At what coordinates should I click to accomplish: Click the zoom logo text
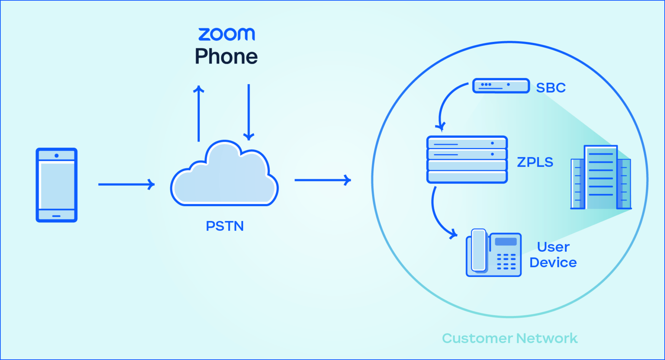click(227, 34)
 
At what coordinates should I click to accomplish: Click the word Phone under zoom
click(226, 56)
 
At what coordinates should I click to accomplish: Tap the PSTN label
click(225, 226)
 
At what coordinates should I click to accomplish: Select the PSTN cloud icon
click(224, 177)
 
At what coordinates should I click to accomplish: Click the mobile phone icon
click(56, 185)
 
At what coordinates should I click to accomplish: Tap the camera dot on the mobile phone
click(56, 156)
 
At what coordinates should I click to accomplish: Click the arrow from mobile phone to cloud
click(126, 184)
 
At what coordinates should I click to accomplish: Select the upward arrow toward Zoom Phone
click(199, 114)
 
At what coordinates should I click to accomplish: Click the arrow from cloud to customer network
click(322, 180)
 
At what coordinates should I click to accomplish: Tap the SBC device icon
click(501, 86)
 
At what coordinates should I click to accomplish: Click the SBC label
click(551, 88)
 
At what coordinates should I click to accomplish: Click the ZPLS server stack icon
click(467, 159)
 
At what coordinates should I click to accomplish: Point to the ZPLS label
click(535, 162)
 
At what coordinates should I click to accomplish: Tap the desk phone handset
click(479, 250)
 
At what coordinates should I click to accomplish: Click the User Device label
click(553, 255)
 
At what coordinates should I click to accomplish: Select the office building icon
click(601, 178)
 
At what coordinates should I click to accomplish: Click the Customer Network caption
click(510, 338)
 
